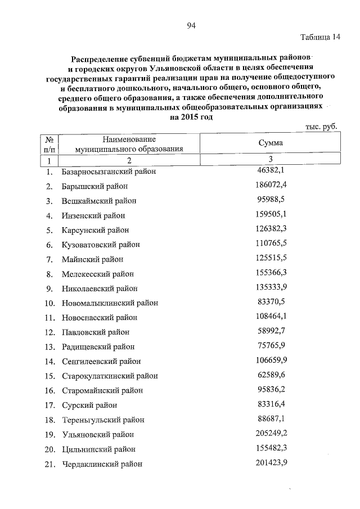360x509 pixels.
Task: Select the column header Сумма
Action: pos(271,143)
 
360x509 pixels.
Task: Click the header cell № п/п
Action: pos(49,143)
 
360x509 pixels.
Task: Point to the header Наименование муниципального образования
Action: pos(129,143)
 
